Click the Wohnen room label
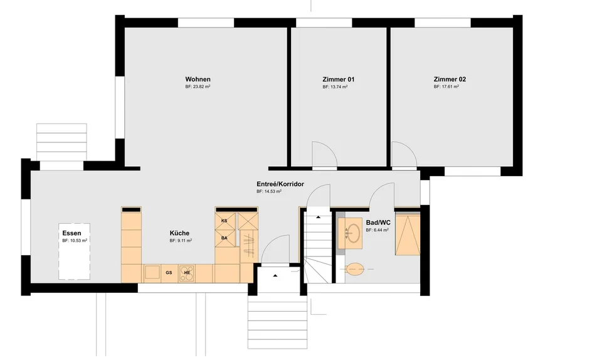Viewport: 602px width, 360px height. [x=198, y=80]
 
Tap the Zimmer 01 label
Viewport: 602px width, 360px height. [x=338, y=80]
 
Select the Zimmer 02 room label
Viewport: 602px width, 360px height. [x=450, y=80]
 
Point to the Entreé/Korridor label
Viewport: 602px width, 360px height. [x=280, y=184]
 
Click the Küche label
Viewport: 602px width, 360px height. [x=179, y=233]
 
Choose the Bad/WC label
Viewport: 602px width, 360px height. [x=378, y=223]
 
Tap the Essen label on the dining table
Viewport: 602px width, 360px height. [x=71, y=233]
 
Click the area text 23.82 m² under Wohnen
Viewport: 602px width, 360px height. [x=198, y=87]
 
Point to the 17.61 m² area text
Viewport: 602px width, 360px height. [x=446, y=87]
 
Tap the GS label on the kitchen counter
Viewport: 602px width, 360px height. [x=169, y=272]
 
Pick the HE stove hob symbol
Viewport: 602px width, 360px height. [x=187, y=272]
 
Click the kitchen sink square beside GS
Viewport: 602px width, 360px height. [x=152, y=273]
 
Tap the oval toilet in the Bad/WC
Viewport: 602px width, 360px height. [x=354, y=269]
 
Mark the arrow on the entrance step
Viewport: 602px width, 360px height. [x=275, y=275]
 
